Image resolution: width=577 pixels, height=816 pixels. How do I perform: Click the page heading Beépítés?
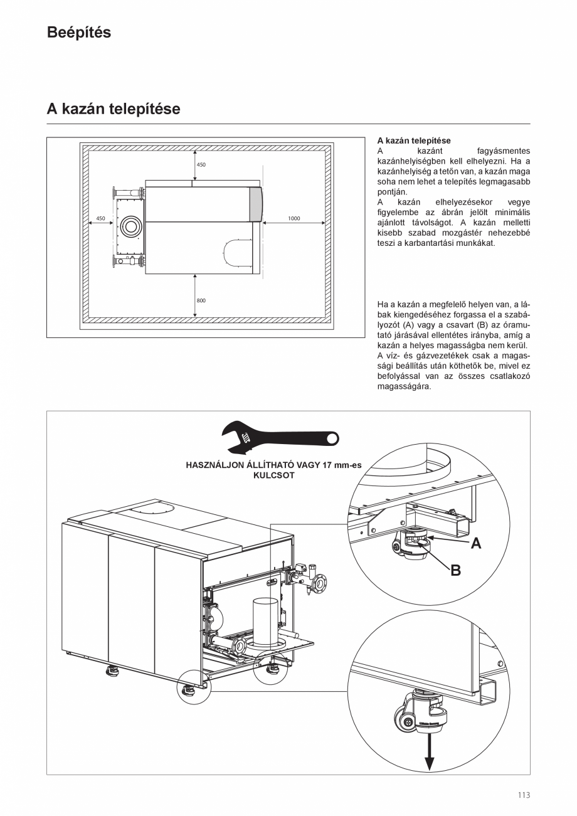[x=79, y=33]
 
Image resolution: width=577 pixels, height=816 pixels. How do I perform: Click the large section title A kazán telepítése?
[x=114, y=109]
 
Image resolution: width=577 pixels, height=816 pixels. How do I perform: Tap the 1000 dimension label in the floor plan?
[x=294, y=219]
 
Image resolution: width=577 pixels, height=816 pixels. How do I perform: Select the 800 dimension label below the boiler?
[x=201, y=300]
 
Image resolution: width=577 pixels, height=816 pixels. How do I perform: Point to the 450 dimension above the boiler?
[x=201, y=165]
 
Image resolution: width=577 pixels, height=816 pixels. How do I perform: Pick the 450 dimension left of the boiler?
[x=100, y=219]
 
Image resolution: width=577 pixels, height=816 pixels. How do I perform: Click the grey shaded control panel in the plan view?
[x=257, y=204]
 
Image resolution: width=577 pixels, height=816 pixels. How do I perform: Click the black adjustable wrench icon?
[x=279, y=437]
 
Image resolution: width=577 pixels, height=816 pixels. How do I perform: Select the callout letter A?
[x=476, y=544]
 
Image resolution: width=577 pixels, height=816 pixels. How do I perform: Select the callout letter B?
[x=455, y=571]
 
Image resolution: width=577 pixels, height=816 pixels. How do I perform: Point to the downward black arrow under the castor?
[x=430, y=756]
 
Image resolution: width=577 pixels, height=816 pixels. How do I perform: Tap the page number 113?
[x=524, y=795]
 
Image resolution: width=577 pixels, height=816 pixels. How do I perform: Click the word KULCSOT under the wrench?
[x=273, y=475]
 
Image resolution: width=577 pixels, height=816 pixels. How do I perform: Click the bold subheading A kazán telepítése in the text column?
[x=414, y=141]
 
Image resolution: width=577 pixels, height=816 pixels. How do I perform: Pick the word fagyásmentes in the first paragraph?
[x=503, y=151]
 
